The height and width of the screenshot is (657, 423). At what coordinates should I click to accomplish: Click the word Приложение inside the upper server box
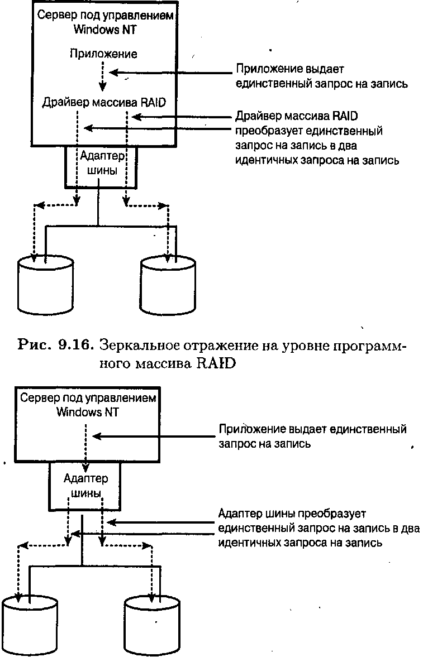pos(104,54)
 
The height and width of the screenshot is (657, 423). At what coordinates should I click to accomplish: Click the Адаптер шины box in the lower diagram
pos(85,486)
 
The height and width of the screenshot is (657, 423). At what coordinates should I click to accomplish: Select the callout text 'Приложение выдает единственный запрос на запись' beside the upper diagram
pos(321,76)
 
